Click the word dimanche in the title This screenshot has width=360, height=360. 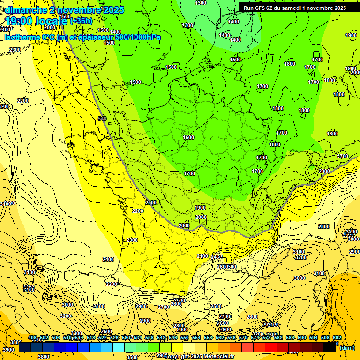click(24, 10)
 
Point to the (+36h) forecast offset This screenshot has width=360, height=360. click(82, 21)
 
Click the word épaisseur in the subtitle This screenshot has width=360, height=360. click(90, 37)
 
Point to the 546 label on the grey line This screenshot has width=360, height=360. click(102, 119)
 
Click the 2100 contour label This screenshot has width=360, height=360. click(202, 256)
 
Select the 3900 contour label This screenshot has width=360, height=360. click(8, 350)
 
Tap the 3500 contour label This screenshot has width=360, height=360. click(132, 357)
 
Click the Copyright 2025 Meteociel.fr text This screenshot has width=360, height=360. click(199, 357)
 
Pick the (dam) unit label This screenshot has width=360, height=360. click(347, 348)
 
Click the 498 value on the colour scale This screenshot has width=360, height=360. click(32, 337)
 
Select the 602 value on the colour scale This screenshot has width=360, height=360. click(337, 337)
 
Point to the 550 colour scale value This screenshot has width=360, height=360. click(185, 337)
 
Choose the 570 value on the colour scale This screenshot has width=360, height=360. click(243, 337)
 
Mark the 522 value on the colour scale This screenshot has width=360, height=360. click(103, 337)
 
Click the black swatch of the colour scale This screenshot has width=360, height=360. click(330, 347)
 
